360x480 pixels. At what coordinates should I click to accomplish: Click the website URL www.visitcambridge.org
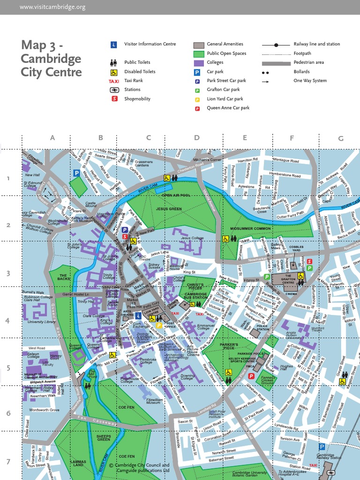tap(53, 7)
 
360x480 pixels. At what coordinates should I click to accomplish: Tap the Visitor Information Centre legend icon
tap(113, 45)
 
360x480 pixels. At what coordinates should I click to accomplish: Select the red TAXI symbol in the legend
tap(113, 81)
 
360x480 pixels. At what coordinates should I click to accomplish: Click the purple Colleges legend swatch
tap(199, 63)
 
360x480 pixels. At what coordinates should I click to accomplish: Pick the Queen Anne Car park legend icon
tap(197, 108)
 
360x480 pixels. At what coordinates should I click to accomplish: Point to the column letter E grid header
tap(245, 138)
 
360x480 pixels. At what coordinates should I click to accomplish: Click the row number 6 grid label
tap(8, 413)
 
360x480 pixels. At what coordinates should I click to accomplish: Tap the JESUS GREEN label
tap(169, 209)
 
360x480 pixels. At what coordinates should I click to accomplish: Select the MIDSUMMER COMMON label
tap(251, 228)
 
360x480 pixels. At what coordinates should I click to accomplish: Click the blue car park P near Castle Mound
tap(76, 173)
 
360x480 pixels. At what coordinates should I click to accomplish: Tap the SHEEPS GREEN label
tap(104, 437)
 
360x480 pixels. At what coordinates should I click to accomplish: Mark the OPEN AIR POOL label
tap(176, 195)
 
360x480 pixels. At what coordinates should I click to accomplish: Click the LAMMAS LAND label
tap(78, 463)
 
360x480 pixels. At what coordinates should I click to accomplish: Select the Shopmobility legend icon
tap(114, 98)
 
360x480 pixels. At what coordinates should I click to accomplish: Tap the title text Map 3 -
tap(42, 45)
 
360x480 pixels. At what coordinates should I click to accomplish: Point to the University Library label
tap(42, 322)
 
